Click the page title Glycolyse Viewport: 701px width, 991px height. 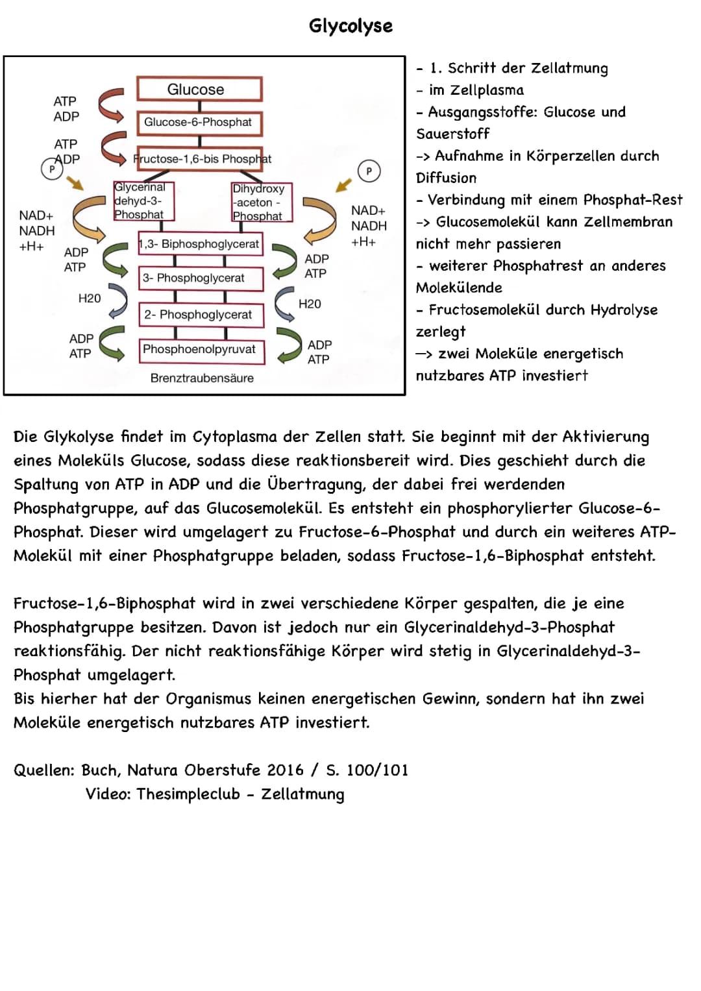point(350,26)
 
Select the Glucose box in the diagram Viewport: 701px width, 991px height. point(199,90)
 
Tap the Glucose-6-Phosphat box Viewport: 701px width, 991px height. point(199,122)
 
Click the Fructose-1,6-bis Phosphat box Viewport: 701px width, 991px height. point(203,159)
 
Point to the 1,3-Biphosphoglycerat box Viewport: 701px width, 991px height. point(200,244)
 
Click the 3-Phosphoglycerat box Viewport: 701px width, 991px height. point(200,278)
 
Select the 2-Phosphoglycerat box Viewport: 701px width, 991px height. point(200,315)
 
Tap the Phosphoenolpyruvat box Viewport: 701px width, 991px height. point(200,349)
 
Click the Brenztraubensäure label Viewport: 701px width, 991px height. point(202,378)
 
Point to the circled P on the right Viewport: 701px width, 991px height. point(369,171)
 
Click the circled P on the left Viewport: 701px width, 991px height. point(51,169)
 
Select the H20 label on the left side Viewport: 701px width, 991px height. point(90,299)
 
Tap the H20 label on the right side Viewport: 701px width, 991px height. point(310,304)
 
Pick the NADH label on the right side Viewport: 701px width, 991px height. point(369,226)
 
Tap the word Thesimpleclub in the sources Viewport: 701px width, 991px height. point(188,794)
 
